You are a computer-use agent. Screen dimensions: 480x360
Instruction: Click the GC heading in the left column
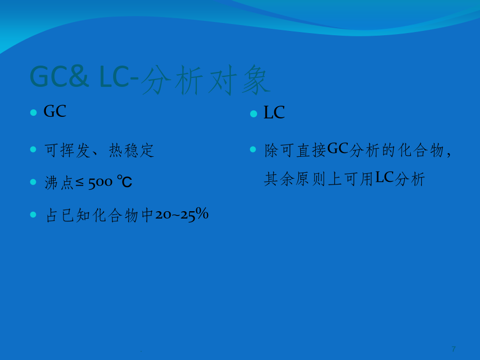pyautogui.click(x=55, y=111)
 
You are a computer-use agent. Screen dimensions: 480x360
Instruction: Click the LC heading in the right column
pyautogui.click(x=274, y=113)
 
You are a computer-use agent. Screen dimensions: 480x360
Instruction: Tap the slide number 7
pyautogui.click(x=453, y=349)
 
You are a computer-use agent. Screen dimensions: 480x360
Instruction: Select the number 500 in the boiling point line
pyautogui.click(x=100, y=183)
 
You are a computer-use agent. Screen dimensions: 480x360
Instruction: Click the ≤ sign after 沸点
pyautogui.click(x=79, y=183)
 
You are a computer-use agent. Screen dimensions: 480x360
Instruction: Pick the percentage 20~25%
pyautogui.click(x=182, y=214)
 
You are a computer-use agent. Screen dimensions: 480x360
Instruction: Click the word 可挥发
pyautogui.click(x=67, y=150)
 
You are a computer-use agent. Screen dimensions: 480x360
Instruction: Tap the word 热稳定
pyautogui.click(x=131, y=150)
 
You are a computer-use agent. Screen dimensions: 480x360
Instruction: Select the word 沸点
pyautogui.click(x=59, y=183)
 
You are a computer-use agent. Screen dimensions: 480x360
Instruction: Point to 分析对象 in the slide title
pyautogui.click(x=205, y=79)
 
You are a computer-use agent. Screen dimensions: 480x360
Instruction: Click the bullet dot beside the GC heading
pyautogui.click(x=34, y=113)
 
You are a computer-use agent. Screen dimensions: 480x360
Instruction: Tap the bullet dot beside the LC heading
pyautogui.click(x=253, y=114)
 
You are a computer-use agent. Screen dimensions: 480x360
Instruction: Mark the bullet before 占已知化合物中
pyautogui.click(x=34, y=214)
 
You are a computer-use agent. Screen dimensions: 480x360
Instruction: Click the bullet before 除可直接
pyautogui.click(x=253, y=149)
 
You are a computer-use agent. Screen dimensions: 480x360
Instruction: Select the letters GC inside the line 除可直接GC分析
pyautogui.click(x=338, y=149)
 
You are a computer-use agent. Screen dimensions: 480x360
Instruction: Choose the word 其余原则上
pyautogui.click(x=303, y=179)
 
